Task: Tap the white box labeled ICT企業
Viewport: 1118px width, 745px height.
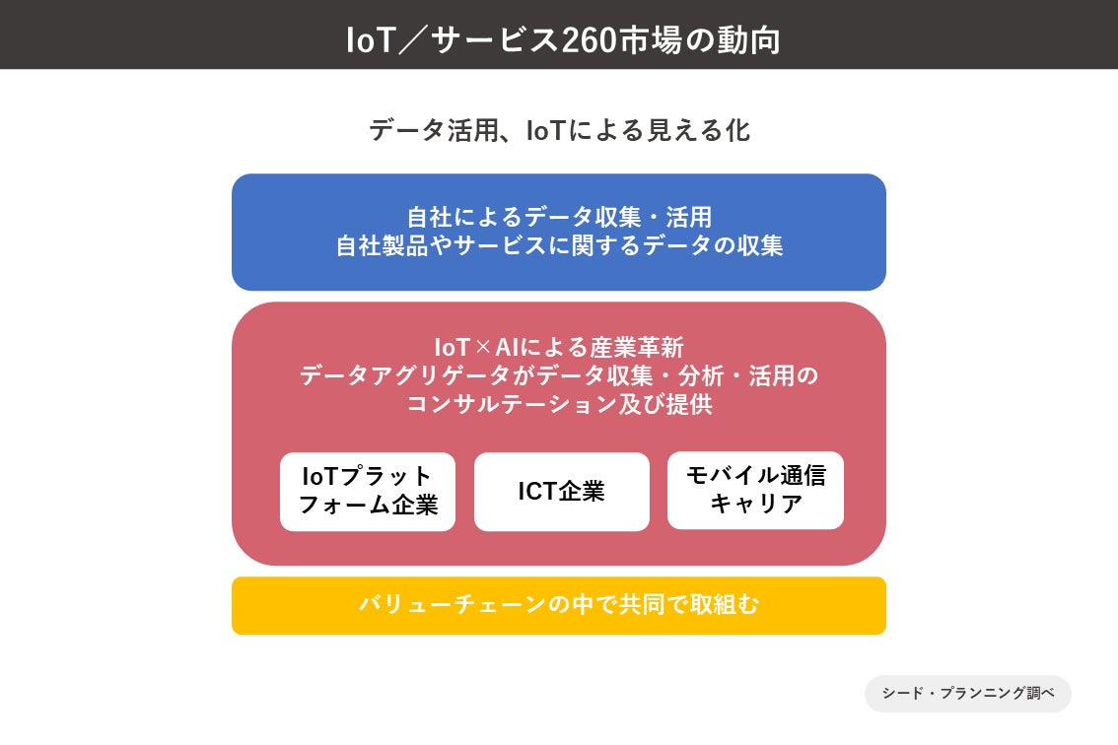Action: pos(562,492)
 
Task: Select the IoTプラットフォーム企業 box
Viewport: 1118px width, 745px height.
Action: pos(368,492)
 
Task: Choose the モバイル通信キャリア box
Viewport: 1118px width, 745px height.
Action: pos(755,491)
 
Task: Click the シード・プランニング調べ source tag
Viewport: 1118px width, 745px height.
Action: pos(968,693)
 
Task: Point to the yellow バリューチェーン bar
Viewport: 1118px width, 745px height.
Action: pos(559,605)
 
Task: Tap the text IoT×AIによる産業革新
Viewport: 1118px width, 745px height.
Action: pos(559,348)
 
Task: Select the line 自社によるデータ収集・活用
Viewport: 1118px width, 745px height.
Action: pos(559,217)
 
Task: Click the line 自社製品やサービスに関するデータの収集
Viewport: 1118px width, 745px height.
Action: pos(559,246)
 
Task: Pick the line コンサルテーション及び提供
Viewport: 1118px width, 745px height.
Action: pos(559,405)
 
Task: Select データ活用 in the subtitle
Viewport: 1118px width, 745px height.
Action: pos(428,130)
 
